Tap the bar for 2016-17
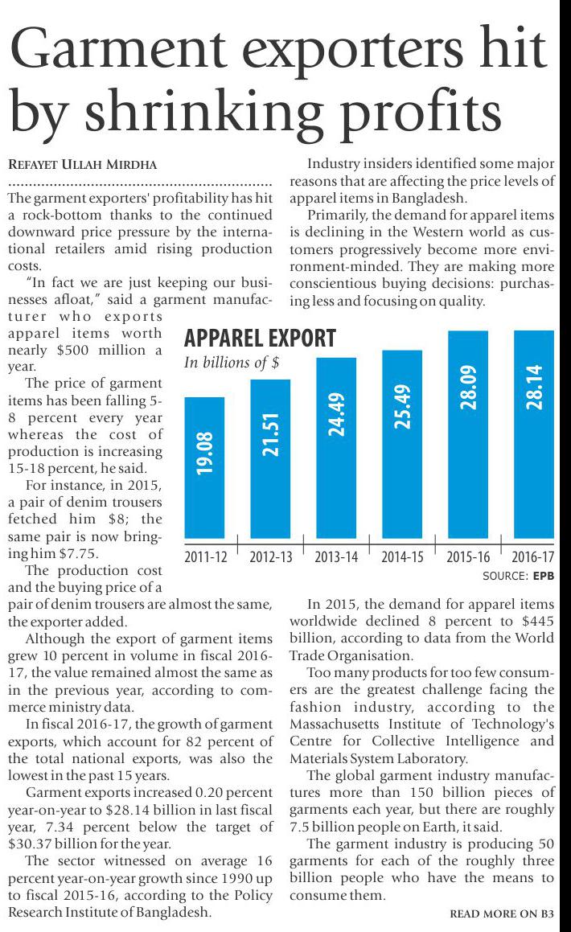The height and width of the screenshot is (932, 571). [x=534, y=434]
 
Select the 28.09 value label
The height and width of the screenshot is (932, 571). [x=468, y=386]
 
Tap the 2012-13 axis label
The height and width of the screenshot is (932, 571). [x=271, y=556]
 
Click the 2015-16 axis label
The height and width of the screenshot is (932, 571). [x=468, y=556]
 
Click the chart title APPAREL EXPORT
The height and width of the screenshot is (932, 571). [x=259, y=338]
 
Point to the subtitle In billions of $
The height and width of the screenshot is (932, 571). [x=232, y=363]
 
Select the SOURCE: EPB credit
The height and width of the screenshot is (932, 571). [x=519, y=576]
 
